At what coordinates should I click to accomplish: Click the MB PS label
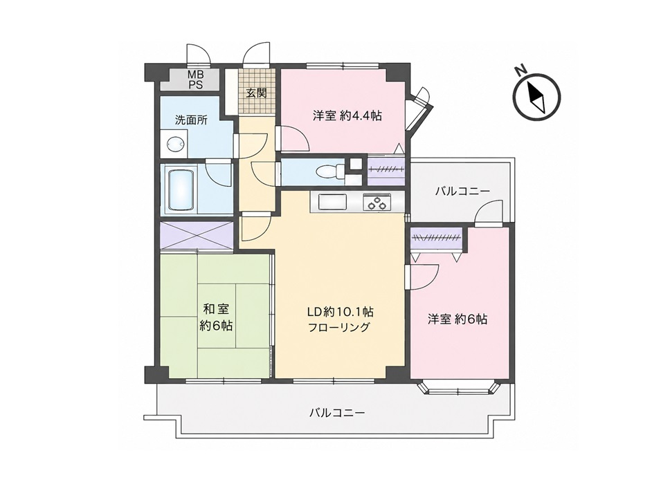pos(195,80)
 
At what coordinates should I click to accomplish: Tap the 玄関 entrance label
pos(256,93)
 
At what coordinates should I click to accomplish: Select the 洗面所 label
pos(192,120)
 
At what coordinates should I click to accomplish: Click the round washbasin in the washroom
pos(174,144)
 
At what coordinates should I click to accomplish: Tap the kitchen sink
pos(332,202)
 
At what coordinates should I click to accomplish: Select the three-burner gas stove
pos(377,202)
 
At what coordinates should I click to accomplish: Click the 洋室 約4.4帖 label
pos(347,116)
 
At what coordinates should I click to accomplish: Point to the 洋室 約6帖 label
pos(458,319)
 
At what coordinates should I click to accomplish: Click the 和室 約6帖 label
pos(216,317)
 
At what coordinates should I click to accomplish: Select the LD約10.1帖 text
pos(340,312)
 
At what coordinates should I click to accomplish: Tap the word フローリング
pos(339,327)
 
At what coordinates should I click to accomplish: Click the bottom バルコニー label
pos(337,411)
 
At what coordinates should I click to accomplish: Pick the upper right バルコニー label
pos(463,192)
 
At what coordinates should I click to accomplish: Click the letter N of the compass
pos(521,70)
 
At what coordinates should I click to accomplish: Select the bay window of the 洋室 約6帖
pos(459,389)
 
